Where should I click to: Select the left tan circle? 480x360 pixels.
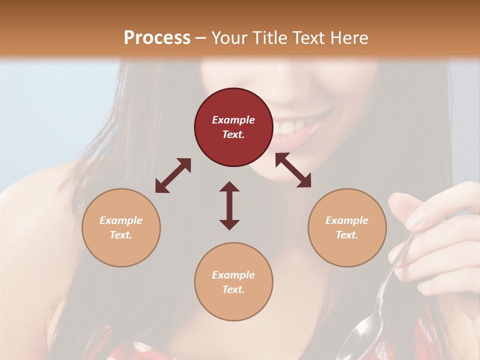[121, 227]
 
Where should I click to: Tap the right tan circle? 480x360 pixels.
[347, 227]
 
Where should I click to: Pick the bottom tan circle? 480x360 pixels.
[233, 281]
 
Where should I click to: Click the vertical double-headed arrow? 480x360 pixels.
[229, 205]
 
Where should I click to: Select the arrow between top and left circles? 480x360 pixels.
[173, 175]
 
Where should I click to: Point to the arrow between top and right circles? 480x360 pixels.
[293, 170]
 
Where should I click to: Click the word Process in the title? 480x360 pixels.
[157, 37]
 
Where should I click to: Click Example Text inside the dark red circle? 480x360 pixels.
[233, 127]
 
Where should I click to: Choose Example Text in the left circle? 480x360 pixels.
[121, 227]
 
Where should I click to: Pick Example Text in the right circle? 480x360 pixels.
[347, 227]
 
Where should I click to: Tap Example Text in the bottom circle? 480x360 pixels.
[233, 282]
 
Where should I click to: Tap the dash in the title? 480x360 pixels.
[200, 37]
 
